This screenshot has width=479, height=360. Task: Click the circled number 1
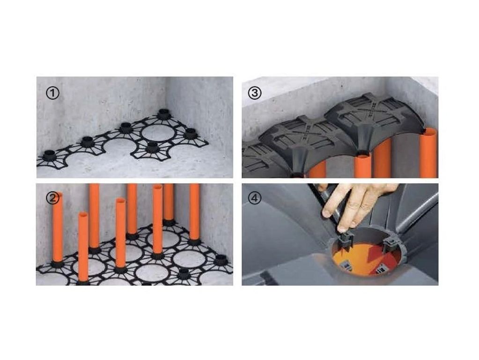pos(52,93)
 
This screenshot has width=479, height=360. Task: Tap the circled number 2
pos(52,198)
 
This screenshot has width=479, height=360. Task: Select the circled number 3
pos(254,93)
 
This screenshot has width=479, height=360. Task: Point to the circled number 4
pos(254,198)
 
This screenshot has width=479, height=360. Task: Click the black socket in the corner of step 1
pos(163,114)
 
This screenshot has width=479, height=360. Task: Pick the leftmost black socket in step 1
pos(49,155)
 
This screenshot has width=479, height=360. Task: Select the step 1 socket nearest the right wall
pos(191,133)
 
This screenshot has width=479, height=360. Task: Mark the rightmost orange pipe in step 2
pos(194,212)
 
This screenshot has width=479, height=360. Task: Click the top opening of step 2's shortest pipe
pos(83,215)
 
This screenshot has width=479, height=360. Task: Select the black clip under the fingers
pos(345,240)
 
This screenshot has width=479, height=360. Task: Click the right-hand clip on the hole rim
pos(390,245)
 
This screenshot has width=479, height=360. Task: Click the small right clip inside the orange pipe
pos(381,269)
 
